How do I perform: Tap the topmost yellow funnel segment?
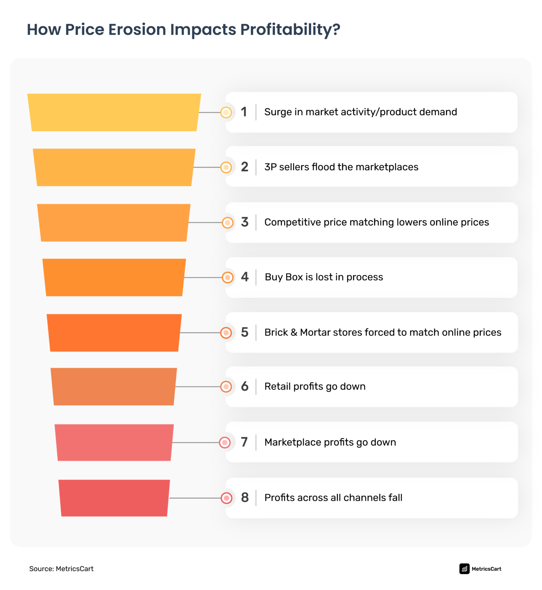point(114,113)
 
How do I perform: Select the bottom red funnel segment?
point(114,498)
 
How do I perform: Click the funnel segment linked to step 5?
point(114,333)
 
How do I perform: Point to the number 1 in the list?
point(244,112)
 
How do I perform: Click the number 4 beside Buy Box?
point(245,277)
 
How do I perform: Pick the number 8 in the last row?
point(245,497)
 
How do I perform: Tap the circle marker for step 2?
point(226,167)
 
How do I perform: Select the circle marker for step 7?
point(225,442)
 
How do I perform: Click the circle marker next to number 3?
point(228,222)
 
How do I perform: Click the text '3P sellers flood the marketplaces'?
point(341,167)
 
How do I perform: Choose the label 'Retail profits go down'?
point(315,386)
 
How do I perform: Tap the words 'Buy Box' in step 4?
point(284,277)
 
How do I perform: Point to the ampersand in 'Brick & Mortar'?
point(294,332)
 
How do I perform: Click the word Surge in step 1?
point(278,112)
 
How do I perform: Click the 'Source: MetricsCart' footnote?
point(62,569)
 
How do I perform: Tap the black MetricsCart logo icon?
point(464,569)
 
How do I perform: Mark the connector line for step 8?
point(195,498)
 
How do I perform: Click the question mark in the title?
point(336,30)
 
